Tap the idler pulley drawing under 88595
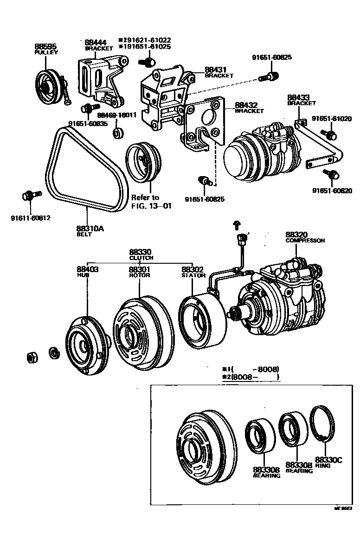(49, 87)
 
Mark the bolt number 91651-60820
(332, 191)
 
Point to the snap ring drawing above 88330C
(324, 425)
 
